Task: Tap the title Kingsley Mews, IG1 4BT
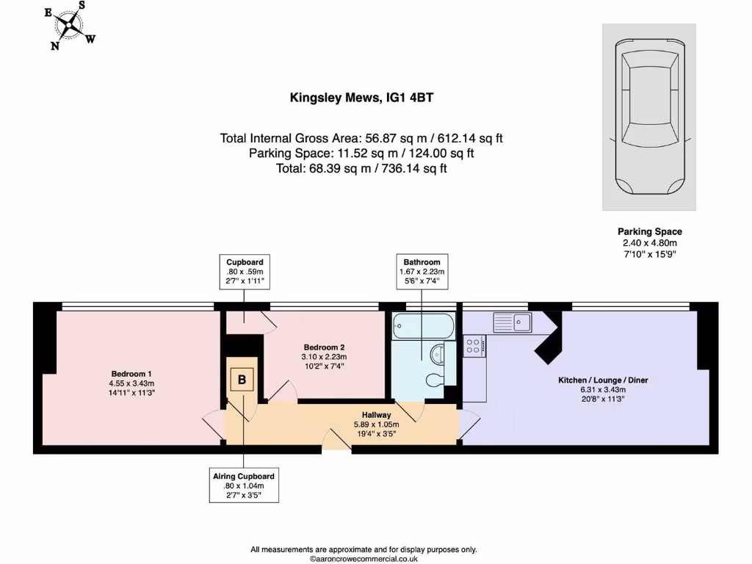(x=362, y=98)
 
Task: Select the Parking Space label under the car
(x=649, y=231)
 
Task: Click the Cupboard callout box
(x=245, y=271)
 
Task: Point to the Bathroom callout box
(x=422, y=271)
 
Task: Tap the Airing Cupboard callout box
(x=244, y=485)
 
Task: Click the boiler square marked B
(x=241, y=380)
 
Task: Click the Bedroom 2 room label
(x=324, y=347)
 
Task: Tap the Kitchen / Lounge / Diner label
(x=603, y=380)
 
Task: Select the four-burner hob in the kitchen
(x=474, y=346)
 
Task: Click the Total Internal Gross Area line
(x=361, y=138)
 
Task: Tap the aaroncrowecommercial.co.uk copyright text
(x=364, y=558)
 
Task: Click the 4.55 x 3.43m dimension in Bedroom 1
(x=132, y=383)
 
